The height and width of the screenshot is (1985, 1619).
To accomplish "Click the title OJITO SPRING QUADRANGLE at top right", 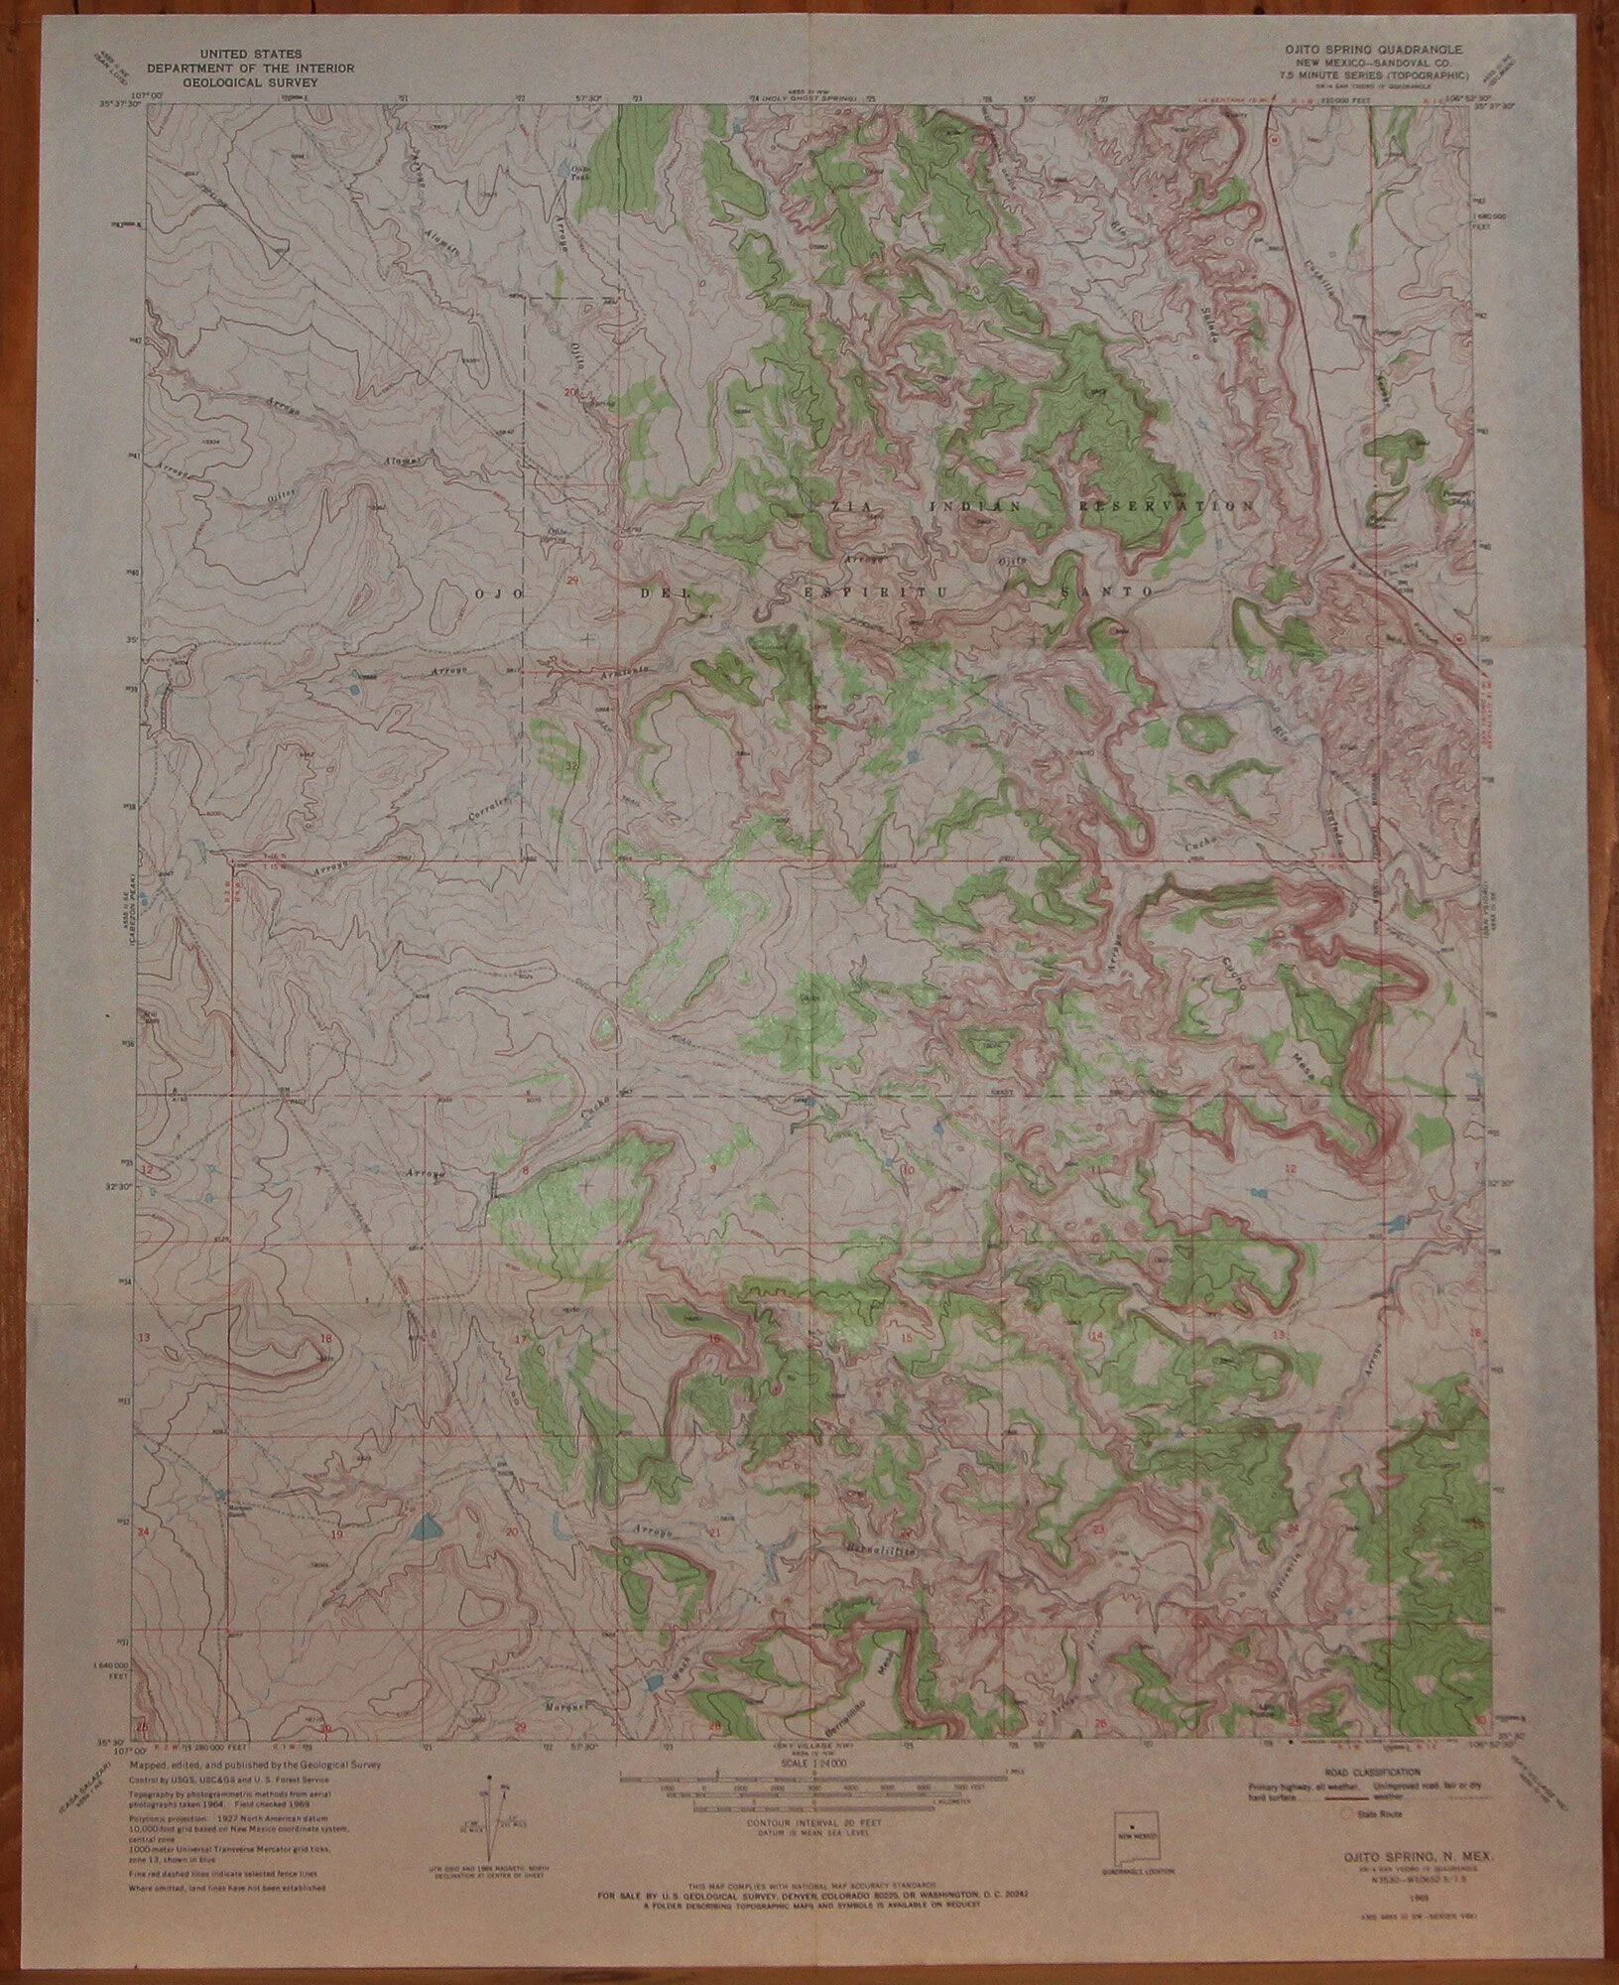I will [1370, 47].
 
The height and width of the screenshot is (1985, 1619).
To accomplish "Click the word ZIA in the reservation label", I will [843, 505].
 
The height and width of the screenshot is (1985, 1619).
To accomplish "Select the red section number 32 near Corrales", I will [571, 766].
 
